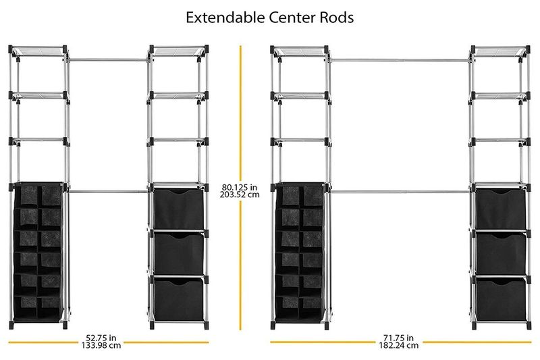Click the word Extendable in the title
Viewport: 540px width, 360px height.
click(225, 18)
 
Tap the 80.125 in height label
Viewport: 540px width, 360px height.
click(240, 187)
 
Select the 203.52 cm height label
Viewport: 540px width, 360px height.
click(240, 195)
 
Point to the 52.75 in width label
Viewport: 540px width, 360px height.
click(101, 338)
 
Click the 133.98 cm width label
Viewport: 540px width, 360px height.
click(101, 345)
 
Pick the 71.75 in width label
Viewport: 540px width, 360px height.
click(398, 338)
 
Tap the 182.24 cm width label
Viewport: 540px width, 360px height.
click(399, 345)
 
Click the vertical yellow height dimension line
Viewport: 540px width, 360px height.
click(240, 188)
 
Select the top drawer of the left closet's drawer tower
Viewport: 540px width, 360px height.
click(179, 209)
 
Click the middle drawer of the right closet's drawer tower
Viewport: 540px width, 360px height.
click(501, 253)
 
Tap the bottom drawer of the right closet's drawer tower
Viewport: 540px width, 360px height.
click(501, 299)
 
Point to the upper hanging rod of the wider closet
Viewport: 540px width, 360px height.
click(399, 61)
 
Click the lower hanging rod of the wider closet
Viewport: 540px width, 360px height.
click(400, 192)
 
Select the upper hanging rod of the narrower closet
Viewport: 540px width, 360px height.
click(109, 60)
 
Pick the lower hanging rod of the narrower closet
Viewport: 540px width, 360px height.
click(109, 191)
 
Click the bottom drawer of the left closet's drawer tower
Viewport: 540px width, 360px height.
click(179, 299)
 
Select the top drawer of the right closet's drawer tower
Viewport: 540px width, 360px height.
click(501, 209)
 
